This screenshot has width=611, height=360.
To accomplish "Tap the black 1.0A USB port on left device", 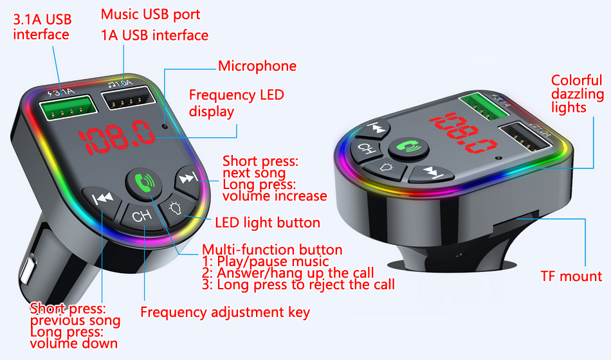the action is click(x=128, y=98).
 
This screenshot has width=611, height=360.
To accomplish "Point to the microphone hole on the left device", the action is click(x=165, y=126).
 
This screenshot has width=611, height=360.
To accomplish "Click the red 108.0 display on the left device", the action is click(x=117, y=137).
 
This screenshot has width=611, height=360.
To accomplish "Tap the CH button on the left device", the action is click(x=141, y=216).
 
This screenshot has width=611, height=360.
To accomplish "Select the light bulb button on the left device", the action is click(x=176, y=209).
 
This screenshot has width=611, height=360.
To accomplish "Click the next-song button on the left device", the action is click(x=188, y=179).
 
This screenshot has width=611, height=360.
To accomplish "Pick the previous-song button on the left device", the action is click(x=102, y=201).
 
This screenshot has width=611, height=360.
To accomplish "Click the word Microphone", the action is click(x=257, y=66).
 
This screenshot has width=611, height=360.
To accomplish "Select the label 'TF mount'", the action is click(x=571, y=276).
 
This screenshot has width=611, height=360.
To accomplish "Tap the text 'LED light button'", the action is click(x=268, y=222).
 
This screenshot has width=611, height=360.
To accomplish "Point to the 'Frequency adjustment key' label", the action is click(x=225, y=312).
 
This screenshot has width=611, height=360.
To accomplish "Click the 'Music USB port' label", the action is click(x=150, y=14).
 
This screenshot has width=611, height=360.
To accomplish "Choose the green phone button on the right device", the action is click(x=408, y=148).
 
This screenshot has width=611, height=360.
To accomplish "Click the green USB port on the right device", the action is click(x=484, y=106).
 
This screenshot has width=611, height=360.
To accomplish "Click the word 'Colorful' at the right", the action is click(x=576, y=80).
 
